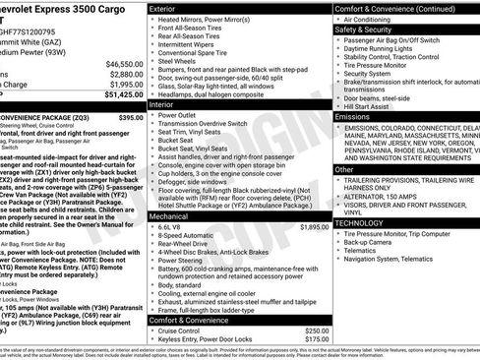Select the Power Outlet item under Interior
click(x=180, y=114)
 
